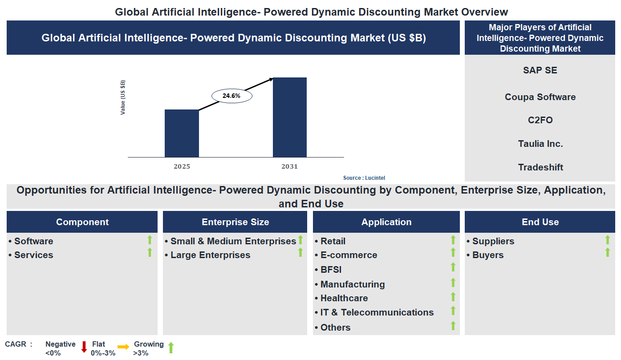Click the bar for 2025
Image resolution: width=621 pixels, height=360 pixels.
click(182, 133)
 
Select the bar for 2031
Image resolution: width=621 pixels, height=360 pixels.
click(289, 117)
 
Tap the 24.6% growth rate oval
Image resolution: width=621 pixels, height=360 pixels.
click(231, 96)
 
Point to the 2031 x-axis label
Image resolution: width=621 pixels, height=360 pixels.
click(289, 166)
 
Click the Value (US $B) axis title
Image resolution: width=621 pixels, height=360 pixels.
click(123, 97)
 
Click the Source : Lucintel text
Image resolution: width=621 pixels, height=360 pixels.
click(364, 178)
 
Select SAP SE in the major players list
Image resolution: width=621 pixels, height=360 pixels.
click(540, 70)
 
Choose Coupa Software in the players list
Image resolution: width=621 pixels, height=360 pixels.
click(540, 97)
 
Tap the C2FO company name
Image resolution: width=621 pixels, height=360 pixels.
click(540, 120)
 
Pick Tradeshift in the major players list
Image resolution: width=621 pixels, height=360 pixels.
click(540, 167)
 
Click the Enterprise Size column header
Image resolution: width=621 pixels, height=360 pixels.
click(235, 222)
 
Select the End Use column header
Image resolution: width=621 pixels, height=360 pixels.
click(540, 222)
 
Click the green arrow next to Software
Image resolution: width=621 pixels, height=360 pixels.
click(150, 240)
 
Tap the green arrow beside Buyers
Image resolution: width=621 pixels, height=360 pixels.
click(607, 253)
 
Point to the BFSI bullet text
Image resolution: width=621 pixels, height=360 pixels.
click(331, 270)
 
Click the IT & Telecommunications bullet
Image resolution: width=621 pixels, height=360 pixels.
click(377, 312)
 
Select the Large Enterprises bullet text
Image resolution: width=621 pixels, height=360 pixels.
click(210, 255)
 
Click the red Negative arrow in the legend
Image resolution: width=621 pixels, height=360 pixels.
click(84, 347)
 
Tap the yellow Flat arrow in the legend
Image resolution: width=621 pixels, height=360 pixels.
click(123, 347)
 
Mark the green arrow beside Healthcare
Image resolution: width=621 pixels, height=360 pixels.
click(453, 297)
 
